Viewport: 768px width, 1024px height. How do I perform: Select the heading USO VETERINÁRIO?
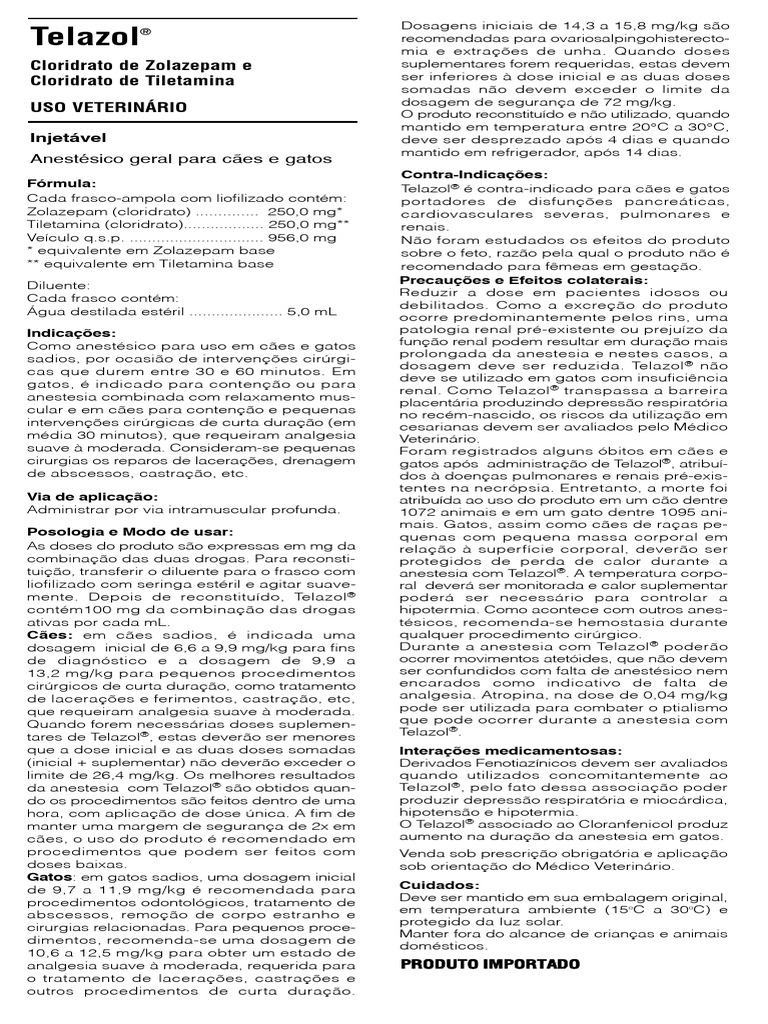tap(106, 106)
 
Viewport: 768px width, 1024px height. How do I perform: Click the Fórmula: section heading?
tap(62, 183)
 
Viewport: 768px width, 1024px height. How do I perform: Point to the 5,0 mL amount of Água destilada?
tap(312, 311)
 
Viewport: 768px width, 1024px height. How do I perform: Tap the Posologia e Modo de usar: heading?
tap(129, 531)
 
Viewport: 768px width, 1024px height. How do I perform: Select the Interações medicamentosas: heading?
tap(510, 750)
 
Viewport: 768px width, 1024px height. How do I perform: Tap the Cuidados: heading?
tap(439, 886)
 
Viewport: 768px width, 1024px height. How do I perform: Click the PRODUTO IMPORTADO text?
tap(490, 964)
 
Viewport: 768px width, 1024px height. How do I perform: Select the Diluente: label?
tap(59, 285)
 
